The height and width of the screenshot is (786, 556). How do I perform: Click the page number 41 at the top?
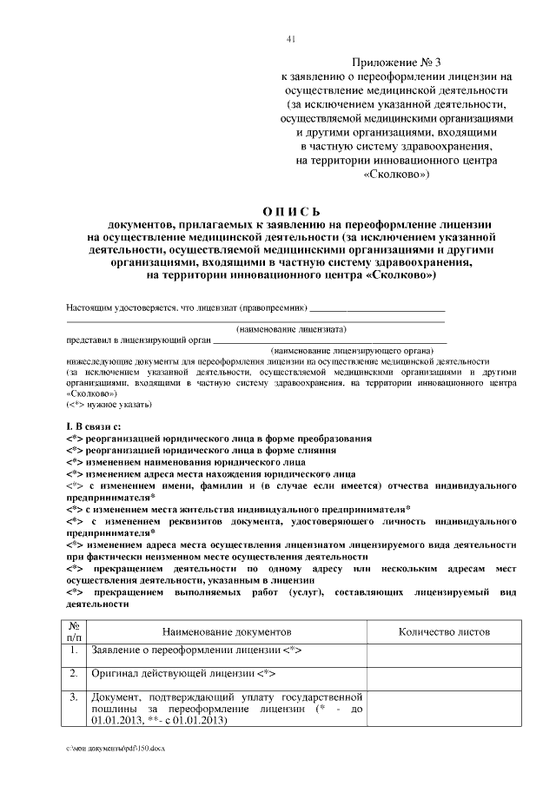[x=290, y=37]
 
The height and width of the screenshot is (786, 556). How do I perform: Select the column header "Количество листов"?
[x=444, y=632]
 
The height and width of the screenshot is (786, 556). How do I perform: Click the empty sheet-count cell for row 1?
[x=444, y=652]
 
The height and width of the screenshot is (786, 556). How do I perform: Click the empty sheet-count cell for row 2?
[x=444, y=676]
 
